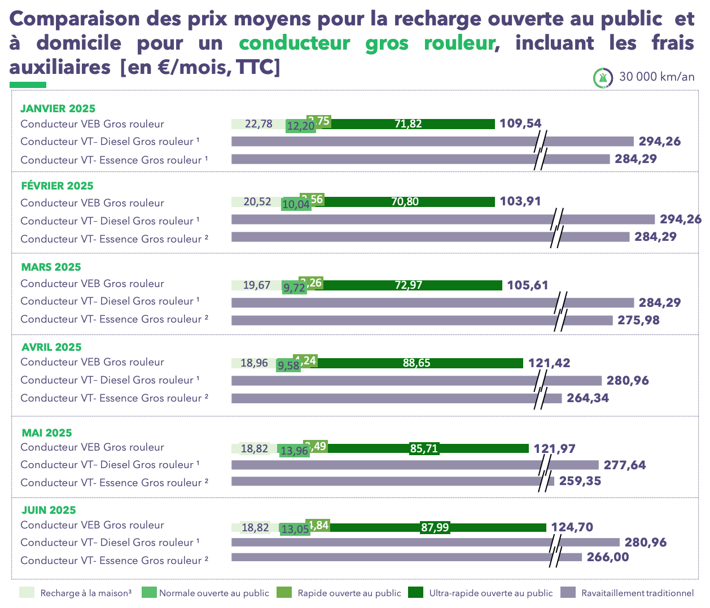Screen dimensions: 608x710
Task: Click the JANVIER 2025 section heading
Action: tap(58, 108)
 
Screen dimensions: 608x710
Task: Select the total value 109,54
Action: tap(520, 124)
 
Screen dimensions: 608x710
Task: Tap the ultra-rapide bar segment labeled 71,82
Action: tap(408, 124)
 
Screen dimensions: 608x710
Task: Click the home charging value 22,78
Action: tap(258, 124)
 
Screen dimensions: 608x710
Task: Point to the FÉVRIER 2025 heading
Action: tap(57, 186)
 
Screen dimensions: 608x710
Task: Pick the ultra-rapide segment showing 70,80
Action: tap(405, 201)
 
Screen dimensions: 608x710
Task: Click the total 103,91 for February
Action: tap(520, 201)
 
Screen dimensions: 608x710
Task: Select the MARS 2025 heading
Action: tap(51, 267)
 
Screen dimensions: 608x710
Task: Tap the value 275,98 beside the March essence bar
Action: tap(638, 320)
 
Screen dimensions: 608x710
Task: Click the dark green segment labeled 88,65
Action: tap(417, 363)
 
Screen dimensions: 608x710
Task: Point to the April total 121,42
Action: tap(549, 363)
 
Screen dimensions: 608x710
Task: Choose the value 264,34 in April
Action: tap(588, 398)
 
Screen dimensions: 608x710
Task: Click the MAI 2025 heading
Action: tap(47, 433)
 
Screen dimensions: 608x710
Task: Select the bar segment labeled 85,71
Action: tap(424, 448)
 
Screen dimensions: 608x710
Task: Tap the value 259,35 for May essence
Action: tap(580, 481)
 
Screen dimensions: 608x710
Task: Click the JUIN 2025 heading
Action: tap(49, 510)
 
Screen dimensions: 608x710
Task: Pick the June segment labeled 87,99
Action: tap(435, 527)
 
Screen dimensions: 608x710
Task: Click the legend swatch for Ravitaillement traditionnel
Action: tap(568, 592)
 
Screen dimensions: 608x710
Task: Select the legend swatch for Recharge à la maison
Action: tap(27, 592)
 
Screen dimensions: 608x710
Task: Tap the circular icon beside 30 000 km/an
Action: tap(603, 77)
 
